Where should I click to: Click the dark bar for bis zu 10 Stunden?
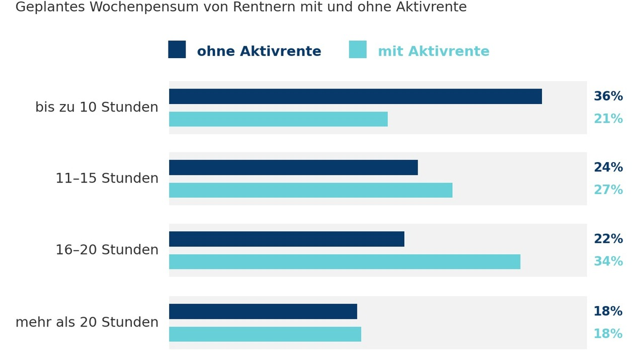[x=355, y=97]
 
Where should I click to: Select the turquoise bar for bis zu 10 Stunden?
[x=278, y=119]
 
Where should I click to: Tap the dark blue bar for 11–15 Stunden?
[x=293, y=167]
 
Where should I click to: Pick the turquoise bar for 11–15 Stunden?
[x=310, y=190]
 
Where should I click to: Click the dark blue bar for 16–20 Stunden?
[x=286, y=239]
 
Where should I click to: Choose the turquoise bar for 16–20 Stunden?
[x=345, y=262]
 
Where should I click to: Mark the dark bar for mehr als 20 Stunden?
[x=263, y=311]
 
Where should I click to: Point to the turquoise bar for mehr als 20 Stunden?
[x=265, y=334]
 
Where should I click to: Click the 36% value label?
[x=608, y=97]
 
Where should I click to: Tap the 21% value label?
[x=608, y=119]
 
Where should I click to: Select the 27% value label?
[x=608, y=190]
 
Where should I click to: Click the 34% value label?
[x=608, y=262]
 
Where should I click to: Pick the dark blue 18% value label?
[x=608, y=311]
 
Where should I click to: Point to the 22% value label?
[x=608, y=239]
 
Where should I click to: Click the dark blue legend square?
[x=177, y=50]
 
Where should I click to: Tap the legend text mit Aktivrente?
[x=433, y=52]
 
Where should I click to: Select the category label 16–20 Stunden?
[x=107, y=250]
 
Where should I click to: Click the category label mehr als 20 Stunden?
[x=87, y=323]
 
